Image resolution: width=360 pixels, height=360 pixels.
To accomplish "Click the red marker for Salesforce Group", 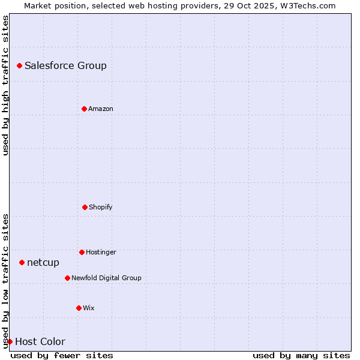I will pos(19,65).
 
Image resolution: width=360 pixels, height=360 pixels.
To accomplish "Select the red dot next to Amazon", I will pos(84,109).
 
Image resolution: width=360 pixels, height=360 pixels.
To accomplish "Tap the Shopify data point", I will pos(85,207).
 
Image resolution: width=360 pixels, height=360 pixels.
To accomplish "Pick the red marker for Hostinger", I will pos(82,252).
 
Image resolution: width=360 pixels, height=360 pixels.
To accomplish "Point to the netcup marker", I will pos(22,262).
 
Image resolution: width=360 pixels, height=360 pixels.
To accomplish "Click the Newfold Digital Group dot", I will pos(67,278).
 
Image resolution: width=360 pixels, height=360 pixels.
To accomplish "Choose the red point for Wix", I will pos(79,308).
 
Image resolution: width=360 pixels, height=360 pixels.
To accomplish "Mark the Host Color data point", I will pos(10,341).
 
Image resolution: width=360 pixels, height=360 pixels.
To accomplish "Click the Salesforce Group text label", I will pos(65,66).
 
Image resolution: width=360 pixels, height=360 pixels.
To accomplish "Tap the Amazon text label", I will pos(101,109).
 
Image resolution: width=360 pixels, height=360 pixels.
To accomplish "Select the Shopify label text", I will pos(101,208).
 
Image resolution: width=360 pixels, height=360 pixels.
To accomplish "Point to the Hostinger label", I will pos(101,253).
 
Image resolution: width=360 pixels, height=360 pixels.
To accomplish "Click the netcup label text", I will pos(43,263).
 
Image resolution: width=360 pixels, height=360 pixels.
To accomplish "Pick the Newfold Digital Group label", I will pos(106,278).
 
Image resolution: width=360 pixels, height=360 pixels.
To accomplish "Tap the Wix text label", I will pos(89,308).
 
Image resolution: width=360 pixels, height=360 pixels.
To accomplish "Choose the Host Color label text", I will pos(40,342).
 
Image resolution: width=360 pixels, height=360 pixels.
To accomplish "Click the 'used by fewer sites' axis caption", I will pos(62,355).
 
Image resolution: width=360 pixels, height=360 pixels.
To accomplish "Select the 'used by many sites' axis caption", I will pos(301,355).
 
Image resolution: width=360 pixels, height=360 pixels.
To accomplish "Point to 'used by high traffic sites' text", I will pos(5,86).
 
